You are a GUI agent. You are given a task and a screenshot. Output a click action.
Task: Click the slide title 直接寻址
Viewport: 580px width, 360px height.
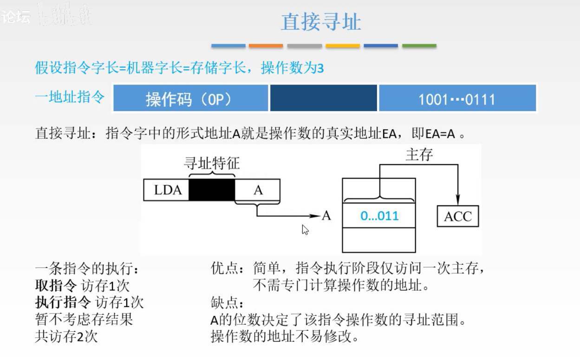pyautogui.click(x=321, y=22)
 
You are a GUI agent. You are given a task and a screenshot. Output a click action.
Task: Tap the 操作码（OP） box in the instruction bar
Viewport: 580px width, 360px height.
pyautogui.click(x=190, y=98)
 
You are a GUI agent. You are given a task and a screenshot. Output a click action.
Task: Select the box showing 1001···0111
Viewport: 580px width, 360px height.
pyautogui.click(x=457, y=98)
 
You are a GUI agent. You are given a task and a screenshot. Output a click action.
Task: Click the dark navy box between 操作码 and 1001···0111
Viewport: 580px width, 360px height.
pyautogui.click(x=323, y=98)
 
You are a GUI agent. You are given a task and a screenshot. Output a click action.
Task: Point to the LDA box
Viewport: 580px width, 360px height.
pyautogui.click(x=167, y=190)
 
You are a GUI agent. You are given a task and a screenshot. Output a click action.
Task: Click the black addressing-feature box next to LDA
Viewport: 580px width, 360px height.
pyautogui.click(x=212, y=190)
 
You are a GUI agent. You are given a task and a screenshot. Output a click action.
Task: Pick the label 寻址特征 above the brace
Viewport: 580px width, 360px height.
pyautogui.click(x=212, y=164)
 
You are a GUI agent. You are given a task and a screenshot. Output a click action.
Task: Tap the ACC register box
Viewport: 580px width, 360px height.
pyautogui.click(x=457, y=216)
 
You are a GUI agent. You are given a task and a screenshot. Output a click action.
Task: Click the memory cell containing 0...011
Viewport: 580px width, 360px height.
pyautogui.click(x=379, y=216)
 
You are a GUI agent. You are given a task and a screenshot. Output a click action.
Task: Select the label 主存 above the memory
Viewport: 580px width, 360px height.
pyautogui.click(x=419, y=155)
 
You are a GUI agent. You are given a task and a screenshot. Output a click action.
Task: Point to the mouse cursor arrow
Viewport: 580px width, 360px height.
pyautogui.click(x=305, y=229)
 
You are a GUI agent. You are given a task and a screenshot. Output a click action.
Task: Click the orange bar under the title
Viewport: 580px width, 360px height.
pyautogui.click(x=266, y=46)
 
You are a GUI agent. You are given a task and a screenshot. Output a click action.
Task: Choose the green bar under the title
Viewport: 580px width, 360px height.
pyautogui.click(x=419, y=46)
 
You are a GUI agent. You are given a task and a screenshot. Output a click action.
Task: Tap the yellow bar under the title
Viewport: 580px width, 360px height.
pyautogui.click(x=343, y=46)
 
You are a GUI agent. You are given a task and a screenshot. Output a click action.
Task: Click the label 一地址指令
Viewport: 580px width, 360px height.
pyautogui.click(x=70, y=98)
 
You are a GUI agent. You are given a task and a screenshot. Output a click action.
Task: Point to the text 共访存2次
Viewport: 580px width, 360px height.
pyautogui.click(x=66, y=336)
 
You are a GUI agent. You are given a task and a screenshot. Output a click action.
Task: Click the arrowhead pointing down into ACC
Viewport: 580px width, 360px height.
pyautogui.click(x=458, y=199)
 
